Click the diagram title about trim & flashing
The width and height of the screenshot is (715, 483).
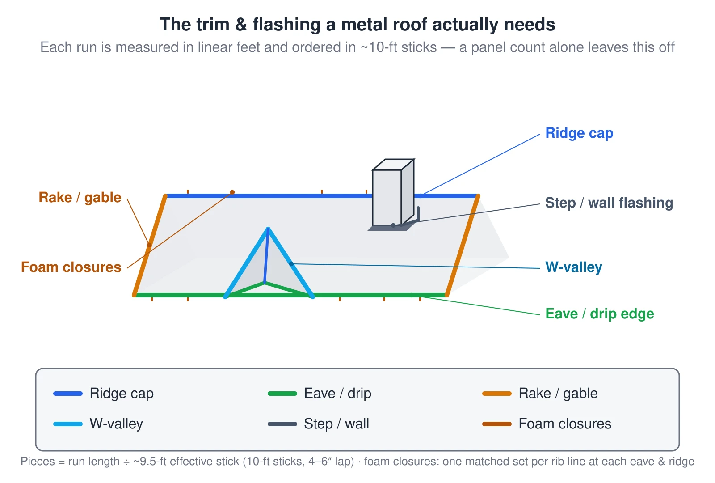[x=357, y=25]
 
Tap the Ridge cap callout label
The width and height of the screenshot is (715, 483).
[x=579, y=133]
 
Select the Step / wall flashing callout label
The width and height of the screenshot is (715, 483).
[x=609, y=203]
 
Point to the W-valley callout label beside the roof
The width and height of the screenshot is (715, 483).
[x=574, y=267]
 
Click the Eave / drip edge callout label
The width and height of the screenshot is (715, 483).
[x=600, y=314]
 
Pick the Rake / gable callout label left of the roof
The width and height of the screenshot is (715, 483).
[x=80, y=197]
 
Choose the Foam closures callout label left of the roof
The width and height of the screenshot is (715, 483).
[x=71, y=267]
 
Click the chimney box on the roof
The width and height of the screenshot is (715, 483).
[x=393, y=193]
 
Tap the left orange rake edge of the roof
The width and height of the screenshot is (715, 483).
[x=150, y=246]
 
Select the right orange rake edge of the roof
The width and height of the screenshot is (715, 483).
[x=463, y=246]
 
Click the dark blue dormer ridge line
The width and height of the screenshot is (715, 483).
[x=266, y=255]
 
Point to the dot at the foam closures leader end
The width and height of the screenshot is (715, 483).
[x=232, y=192]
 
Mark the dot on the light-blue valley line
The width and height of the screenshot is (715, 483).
[x=291, y=264]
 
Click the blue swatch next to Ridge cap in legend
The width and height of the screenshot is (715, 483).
[x=68, y=394]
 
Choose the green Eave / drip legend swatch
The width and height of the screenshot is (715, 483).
[x=282, y=394]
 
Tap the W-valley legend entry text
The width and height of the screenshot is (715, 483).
[x=116, y=424]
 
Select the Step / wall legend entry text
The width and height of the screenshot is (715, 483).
[x=336, y=424]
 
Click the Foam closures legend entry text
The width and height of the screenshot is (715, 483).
[x=565, y=424]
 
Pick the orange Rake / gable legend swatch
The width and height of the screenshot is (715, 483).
[x=497, y=394]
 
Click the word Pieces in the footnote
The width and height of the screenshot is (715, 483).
[x=38, y=462]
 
